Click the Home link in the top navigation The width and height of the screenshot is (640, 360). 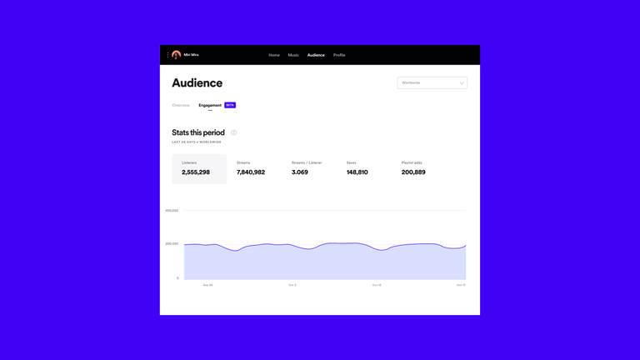pyautogui.click(x=274, y=55)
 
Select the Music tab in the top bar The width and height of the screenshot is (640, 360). pyautogui.click(x=293, y=55)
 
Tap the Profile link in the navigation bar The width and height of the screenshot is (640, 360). pyautogui.click(x=339, y=55)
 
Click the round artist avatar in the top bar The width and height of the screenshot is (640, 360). pyautogui.click(x=177, y=55)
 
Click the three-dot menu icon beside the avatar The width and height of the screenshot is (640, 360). pyautogui.click(x=168, y=55)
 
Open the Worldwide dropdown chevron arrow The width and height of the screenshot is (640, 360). pyautogui.click(x=462, y=82)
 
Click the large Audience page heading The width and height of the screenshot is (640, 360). pyautogui.click(x=197, y=82)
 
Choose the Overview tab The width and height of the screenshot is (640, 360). pyautogui.click(x=181, y=105)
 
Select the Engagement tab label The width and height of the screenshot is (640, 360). pyautogui.click(x=210, y=105)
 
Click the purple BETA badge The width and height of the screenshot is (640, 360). pyautogui.click(x=230, y=105)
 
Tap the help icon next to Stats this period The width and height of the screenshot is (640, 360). pyautogui.click(x=234, y=132)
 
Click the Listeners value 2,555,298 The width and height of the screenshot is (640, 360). pyautogui.click(x=196, y=172)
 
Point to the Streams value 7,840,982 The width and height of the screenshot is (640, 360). pyautogui.click(x=251, y=172)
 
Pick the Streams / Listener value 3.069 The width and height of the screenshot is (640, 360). pyautogui.click(x=300, y=172)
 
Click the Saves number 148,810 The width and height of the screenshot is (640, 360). pyautogui.click(x=357, y=172)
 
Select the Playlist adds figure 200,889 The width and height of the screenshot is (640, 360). pyautogui.click(x=413, y=172)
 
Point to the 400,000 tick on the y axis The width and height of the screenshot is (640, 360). pyautogui.click(x=172, y=211)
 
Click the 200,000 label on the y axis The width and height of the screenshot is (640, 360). pyautogui.click(x=172, y=243)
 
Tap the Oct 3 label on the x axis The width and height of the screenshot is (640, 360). pyautogui.click(x=292, y=285)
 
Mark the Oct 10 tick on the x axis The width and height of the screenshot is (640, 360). pyautogui.click(x=377, y=285)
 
